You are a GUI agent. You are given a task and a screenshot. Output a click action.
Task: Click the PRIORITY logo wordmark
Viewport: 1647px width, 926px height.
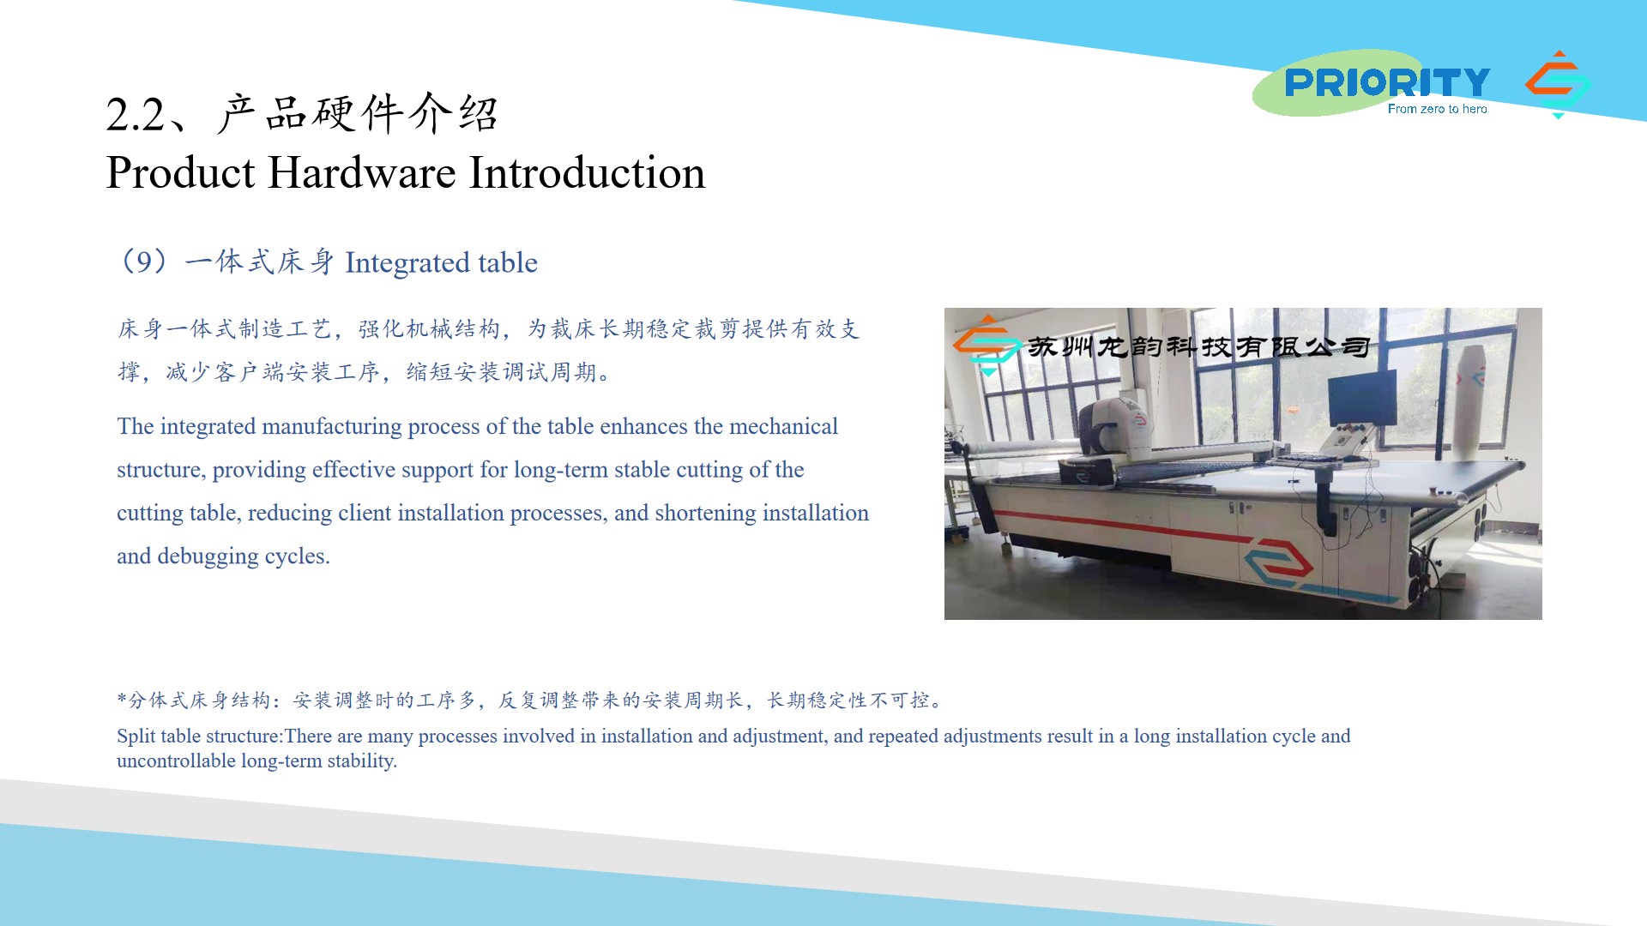tap(1387, 82)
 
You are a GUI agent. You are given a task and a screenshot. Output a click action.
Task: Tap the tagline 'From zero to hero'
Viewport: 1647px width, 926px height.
tap(1437, 109)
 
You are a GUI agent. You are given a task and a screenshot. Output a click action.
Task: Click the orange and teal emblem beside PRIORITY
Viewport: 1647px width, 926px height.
tap(1558, 84)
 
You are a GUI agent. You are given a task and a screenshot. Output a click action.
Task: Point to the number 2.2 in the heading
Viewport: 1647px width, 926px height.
tap(135, 115)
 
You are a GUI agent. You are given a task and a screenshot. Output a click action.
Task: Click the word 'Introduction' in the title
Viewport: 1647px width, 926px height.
tap(588, 172)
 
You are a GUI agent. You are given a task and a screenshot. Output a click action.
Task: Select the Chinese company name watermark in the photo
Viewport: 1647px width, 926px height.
tap(1198, 346)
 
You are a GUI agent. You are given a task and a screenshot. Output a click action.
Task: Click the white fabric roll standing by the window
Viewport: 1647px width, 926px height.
tap(1469, 399)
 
